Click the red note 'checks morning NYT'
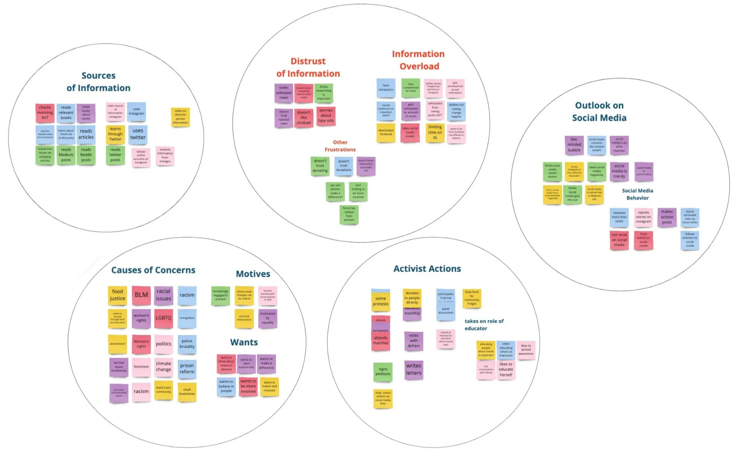[x=45, y=113]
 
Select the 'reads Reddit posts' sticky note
[x=86, y=155]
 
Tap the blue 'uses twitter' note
[x=138, y=134]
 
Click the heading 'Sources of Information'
[x=98, y=82]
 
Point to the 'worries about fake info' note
[x=326, y=116]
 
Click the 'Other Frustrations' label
[x=340, y=146]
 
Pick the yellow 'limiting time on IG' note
[x=435, y=132]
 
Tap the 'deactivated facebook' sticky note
[x=386, y=132]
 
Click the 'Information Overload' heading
[x=418, y=60]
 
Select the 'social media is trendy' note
[x=619, y=171]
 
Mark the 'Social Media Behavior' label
[x=637, y=194]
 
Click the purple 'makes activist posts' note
[x=667, y=217]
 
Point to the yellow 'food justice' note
[x=118, y=295]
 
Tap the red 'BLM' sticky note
[x=141, y=295]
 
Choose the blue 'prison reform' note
[x=187, y=369]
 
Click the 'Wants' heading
[x=244, y=342]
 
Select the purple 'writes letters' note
[x=413, y=370]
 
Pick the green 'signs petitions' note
[x=383, y=372]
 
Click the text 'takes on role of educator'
[x=484, y=325]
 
